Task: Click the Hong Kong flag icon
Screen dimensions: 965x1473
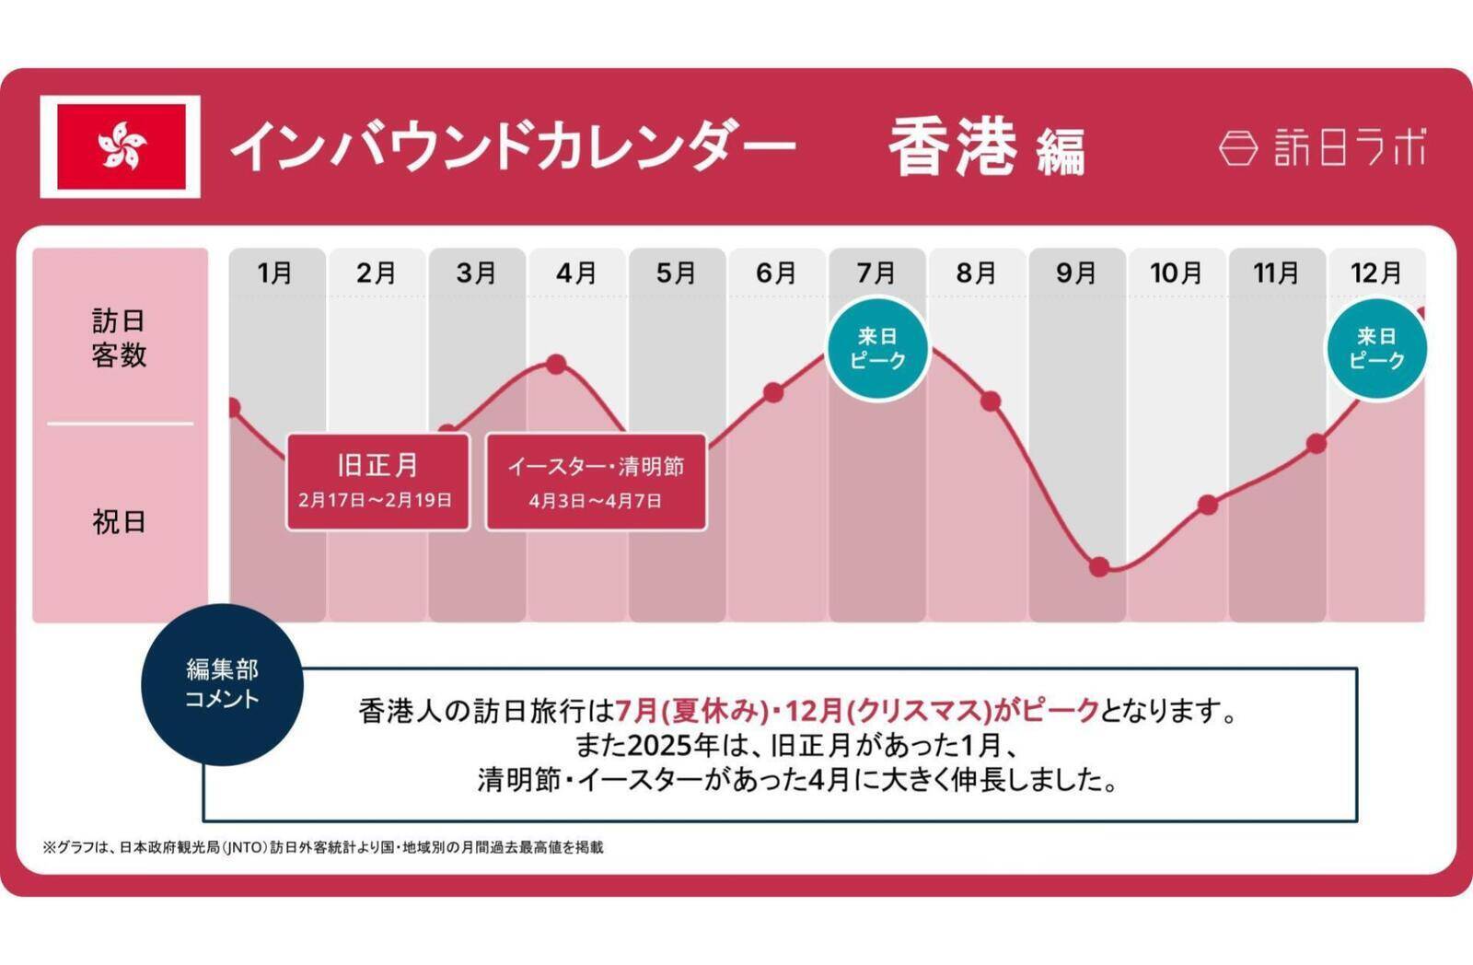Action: click(121, 146)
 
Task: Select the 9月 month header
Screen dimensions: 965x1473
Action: click(1076, 273)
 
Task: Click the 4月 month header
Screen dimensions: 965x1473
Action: click(576, 273)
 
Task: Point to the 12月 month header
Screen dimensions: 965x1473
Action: click(1375, 273)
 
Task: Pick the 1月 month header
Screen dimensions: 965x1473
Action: click(275, 273)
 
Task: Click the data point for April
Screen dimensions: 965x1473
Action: click(556, 364)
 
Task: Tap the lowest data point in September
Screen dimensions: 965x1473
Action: click(1099, 566)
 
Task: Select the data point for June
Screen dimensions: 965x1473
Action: click(773, 393)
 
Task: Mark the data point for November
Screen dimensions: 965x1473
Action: click(1316, 444)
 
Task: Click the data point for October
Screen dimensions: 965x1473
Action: click(1209, 505)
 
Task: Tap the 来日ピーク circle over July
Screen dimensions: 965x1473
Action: click(877, 348)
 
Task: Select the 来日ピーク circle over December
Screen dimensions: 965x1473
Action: click(1375, 348)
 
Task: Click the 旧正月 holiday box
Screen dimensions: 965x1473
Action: click(377, 482)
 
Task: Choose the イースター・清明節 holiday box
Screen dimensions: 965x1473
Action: click(596, 482)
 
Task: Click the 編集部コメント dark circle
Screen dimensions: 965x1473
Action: click(222, 684)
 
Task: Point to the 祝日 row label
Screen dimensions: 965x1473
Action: click(119, 522)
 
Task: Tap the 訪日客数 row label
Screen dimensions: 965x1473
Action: click(119, 338)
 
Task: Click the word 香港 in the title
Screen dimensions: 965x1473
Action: click(952, 147)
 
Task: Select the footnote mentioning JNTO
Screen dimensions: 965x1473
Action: click(323, 847)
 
